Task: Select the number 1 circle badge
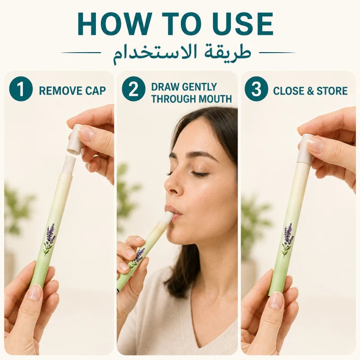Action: (x=21, y=89)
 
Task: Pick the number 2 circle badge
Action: (x=134, y=89)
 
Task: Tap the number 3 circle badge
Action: (x=256, y=89)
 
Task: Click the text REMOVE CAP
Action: (x=72, y=91)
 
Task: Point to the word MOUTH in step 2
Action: (x=215, y=99)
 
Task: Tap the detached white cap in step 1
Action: (x=75, y=139)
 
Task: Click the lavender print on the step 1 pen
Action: (x=49, y=239)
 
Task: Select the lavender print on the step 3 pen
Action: (x=288, y=239)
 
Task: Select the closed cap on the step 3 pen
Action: (x=305, y=149)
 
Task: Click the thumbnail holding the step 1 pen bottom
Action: (x=35, y=292)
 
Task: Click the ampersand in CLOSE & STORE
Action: (x=310, y=91)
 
